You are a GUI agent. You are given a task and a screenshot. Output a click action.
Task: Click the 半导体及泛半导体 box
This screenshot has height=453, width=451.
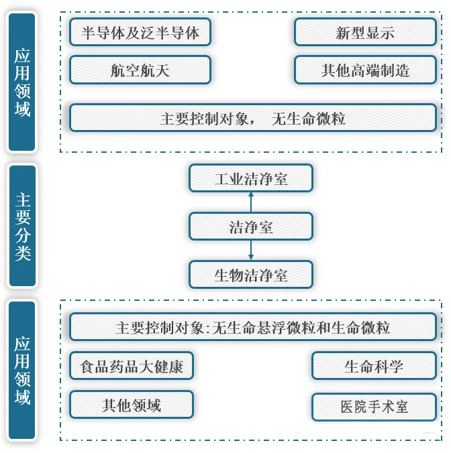(x=140, y=32)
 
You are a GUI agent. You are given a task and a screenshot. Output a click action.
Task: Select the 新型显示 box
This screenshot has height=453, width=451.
(x=365, y=32)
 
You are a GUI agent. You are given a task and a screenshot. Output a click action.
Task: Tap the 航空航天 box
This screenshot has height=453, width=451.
(x=140, y=70)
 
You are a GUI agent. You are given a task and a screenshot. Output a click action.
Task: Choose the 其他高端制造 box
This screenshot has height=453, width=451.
(x=365, y=70)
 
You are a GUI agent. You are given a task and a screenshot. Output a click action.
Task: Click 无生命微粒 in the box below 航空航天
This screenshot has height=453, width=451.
(x=308, y=119)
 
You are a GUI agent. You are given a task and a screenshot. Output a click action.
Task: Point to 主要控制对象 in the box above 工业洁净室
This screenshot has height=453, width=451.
(x=204, y=119)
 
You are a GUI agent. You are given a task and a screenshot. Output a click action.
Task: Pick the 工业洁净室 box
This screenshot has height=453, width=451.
(x=251, y=178)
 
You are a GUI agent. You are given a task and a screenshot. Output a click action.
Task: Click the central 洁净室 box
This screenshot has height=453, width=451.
(x=251, y=226)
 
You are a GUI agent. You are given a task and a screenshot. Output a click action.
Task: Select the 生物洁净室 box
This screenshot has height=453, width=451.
(x=251, y=275)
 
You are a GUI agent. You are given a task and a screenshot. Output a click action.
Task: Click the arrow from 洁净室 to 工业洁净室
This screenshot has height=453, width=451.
(x=251, y=202)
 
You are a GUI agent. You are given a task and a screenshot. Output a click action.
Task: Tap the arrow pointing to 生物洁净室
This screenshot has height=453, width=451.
(x=251, y=250)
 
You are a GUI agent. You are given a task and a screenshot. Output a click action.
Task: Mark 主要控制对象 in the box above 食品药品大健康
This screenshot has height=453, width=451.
(x=160, y=328)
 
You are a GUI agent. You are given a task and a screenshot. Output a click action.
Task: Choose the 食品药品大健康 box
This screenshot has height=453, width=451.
(x=132, y=366)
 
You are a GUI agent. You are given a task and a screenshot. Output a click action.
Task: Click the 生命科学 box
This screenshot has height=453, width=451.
(x=374, y=366)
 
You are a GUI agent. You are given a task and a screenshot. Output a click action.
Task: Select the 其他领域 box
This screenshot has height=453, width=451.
(x=132, y=405)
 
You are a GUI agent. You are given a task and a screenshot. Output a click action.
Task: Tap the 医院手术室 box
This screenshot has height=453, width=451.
(x=374, y=407)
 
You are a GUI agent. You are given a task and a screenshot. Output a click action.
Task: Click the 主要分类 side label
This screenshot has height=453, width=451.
(x=23, y=226)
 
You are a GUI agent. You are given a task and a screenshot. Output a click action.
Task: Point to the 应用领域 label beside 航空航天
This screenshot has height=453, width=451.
(x=22, y=82)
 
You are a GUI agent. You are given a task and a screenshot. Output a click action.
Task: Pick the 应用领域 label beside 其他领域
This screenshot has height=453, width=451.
(x=22, y=371)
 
